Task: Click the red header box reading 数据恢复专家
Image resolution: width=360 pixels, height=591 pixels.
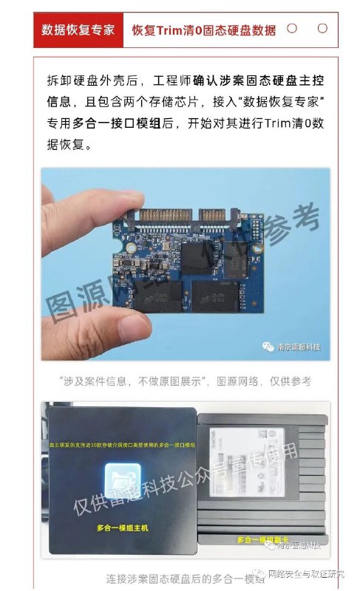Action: [x=78, y=30]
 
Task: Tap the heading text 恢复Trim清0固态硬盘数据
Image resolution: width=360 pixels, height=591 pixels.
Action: [x=203, y=30]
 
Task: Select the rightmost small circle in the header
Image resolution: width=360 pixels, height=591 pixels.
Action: [x=322, y=29]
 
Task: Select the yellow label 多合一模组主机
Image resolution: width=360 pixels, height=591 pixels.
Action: [x=123, y=527]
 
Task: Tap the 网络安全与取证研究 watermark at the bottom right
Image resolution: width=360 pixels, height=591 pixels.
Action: [x=310, y=574]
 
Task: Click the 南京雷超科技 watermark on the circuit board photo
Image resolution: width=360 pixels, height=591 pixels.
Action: [x=288, y=346]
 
